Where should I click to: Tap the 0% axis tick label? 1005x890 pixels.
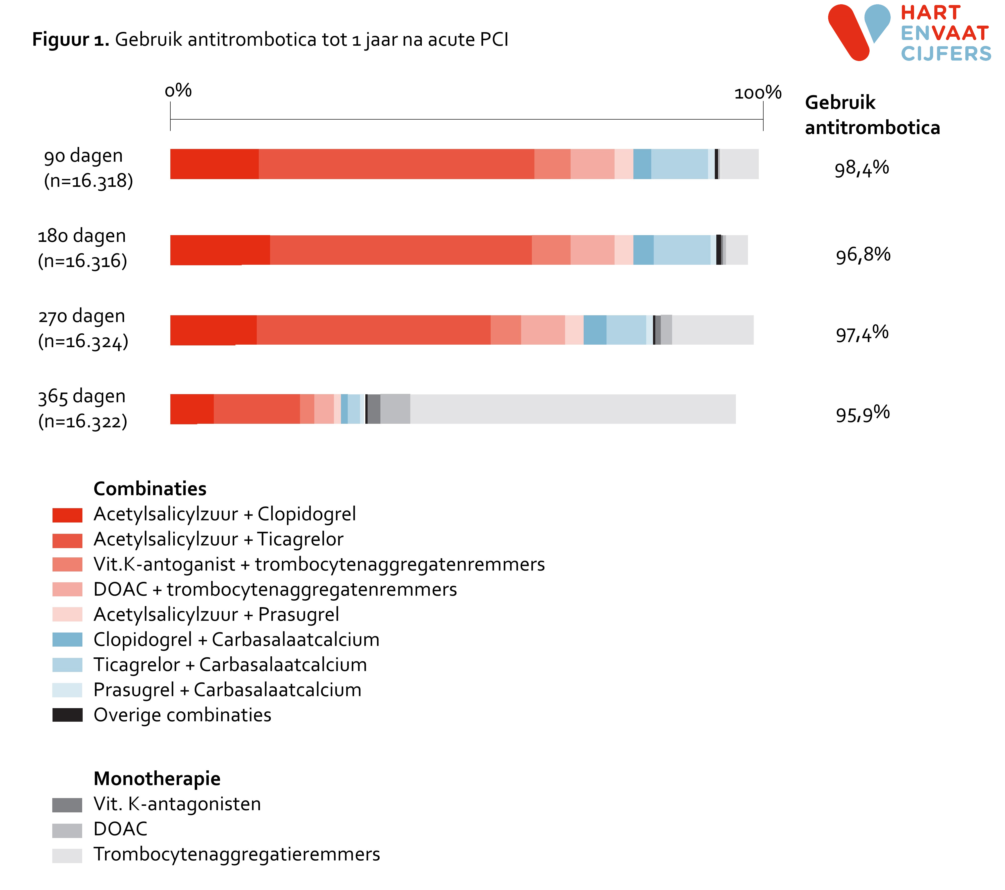(x=178, y=90)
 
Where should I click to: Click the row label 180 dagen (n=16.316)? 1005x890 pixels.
(x=82, y=248)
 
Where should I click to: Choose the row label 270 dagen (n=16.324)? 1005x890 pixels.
(x=83, y=329)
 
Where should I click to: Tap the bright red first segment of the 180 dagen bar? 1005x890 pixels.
(x=220, y=250)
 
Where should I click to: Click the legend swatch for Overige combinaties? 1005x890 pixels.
(x=67, y=715)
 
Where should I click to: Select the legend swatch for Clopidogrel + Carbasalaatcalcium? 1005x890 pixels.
(x=67, y=640)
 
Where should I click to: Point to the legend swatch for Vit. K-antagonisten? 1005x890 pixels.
(x=67, y=805)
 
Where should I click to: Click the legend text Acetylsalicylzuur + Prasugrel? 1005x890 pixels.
(x=216, y=615)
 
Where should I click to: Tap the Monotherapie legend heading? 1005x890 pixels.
(x=157, y=779)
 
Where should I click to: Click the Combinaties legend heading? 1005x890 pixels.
(x=150, y=489)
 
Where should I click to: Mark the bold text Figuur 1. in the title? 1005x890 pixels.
(x=70, y=39)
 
